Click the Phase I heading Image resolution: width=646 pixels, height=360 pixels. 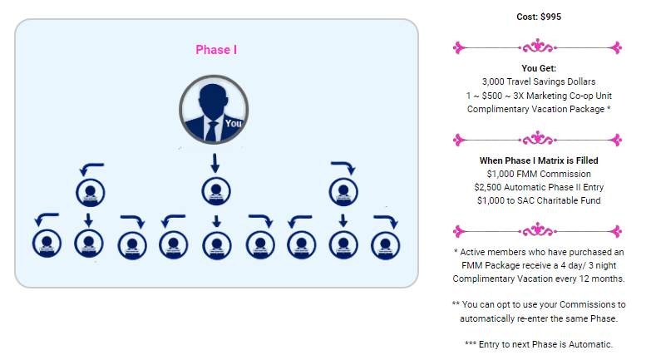point(216,50)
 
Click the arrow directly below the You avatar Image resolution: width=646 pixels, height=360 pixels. point(215,161)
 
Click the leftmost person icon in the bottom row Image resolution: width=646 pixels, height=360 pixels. point(46,244)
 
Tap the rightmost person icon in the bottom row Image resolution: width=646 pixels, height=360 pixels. point(384,244)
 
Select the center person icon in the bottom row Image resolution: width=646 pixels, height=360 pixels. point(215,244)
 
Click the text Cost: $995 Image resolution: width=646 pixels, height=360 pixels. point(538,17)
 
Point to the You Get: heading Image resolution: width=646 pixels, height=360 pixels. point(538,68)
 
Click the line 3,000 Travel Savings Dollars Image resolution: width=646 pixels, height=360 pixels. point(538,81)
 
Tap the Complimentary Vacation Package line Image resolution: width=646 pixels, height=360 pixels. point(538,109)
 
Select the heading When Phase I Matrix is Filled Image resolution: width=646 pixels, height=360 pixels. point(538,160)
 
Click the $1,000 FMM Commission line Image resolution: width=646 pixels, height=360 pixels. point(538,174)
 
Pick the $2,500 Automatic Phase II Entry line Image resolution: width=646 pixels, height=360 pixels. point(538,187)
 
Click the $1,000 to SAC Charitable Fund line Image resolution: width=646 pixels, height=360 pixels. point(538,200)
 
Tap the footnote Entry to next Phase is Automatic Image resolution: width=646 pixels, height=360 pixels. point(538,344)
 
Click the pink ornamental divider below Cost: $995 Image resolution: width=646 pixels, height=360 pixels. point(538,47)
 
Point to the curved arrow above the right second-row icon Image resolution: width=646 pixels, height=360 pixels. point(343,166)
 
